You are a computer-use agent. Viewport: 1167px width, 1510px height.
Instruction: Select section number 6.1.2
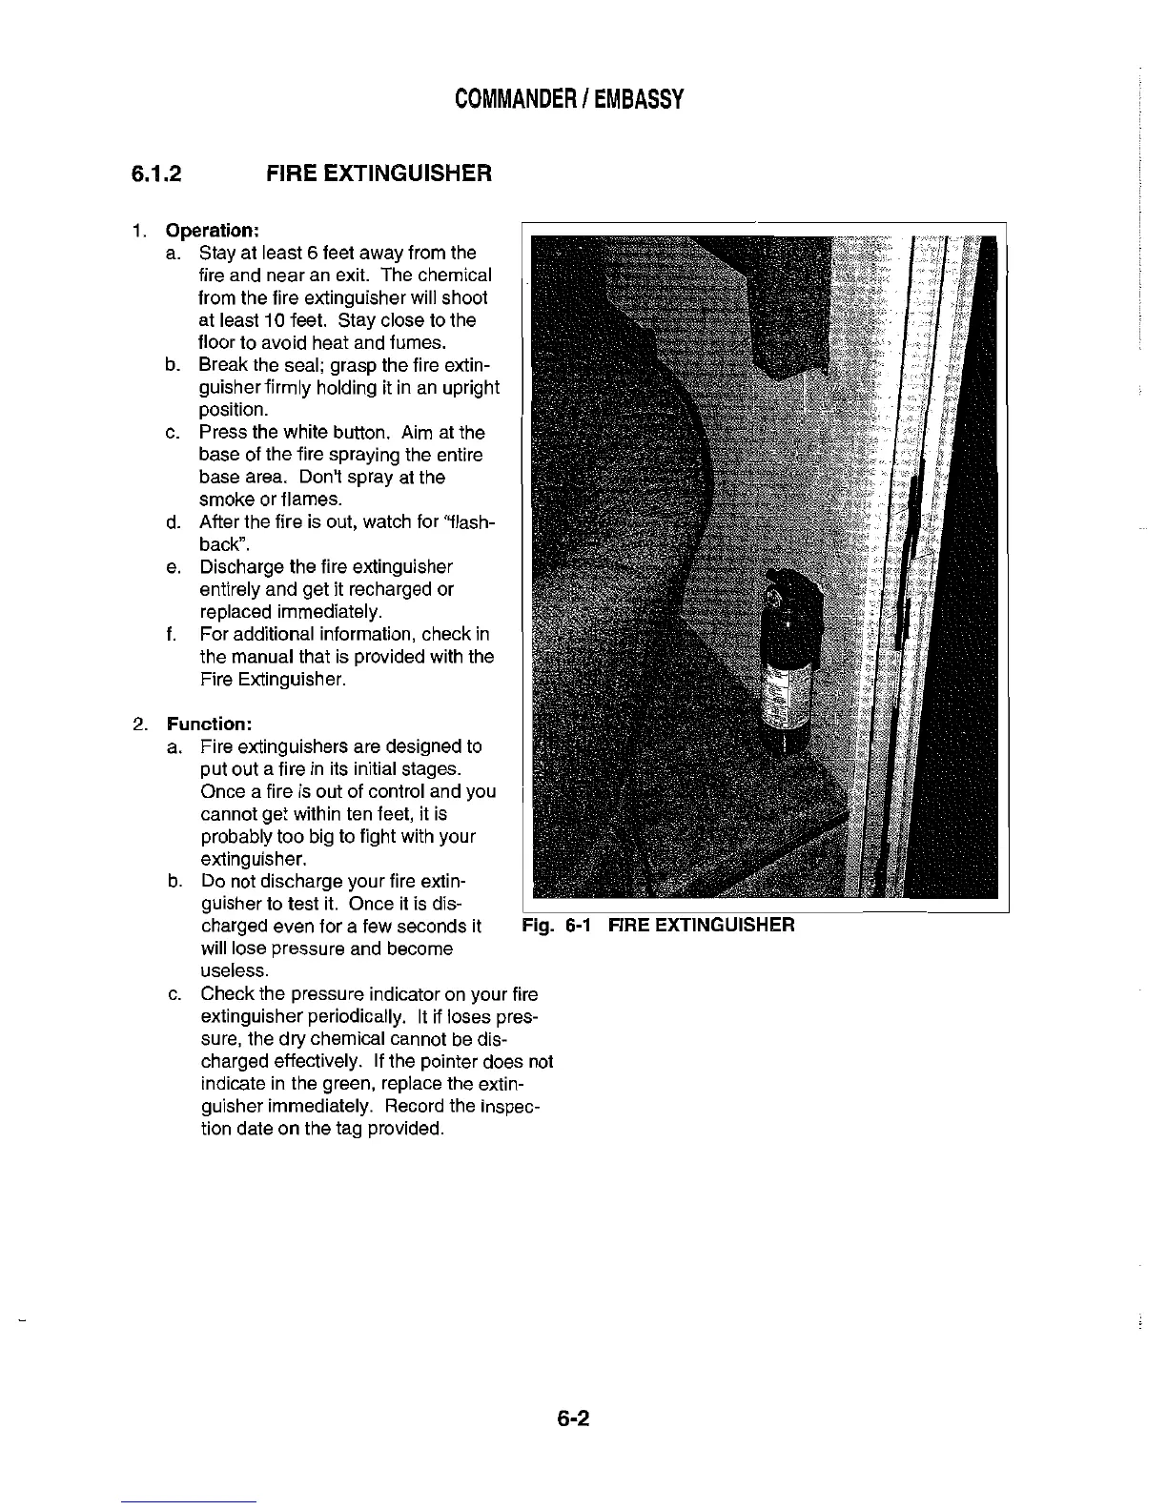pyautogui.click(x=156, y=174)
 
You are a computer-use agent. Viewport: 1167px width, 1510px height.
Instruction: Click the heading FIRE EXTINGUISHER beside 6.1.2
pyautogui.click(x=379, y=174)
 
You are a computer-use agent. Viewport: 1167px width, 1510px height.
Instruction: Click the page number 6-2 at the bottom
pyautogui.click(x=575, y=1419)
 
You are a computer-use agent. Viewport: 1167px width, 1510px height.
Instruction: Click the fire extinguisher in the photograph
pyautogui.click(x=788, y=667)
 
